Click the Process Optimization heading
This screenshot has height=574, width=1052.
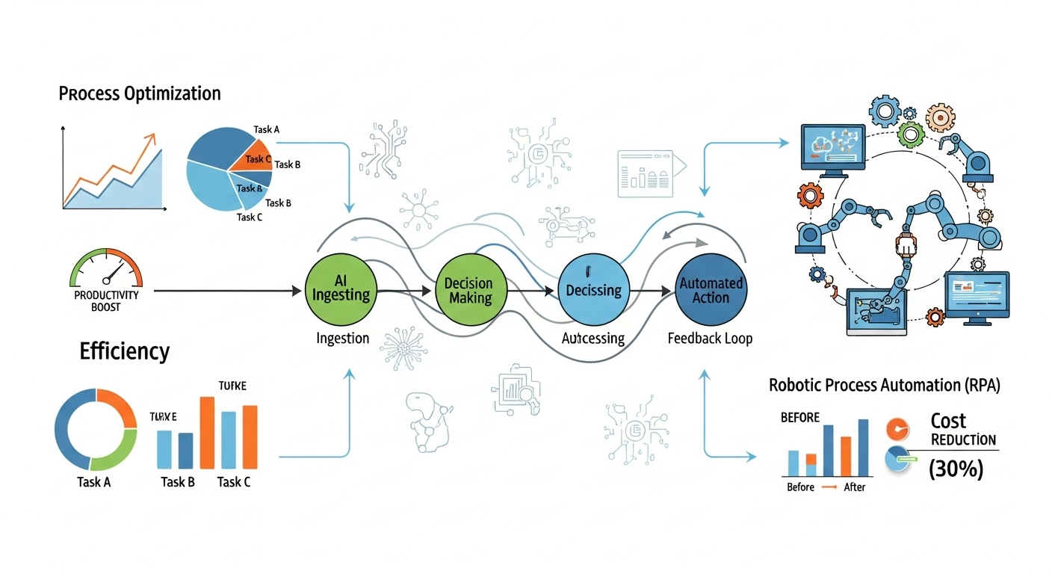pyautogui.click(x=139, y=93)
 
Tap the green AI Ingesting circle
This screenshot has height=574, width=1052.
pyautogui.click(x=341, y=289)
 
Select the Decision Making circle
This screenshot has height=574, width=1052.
pyautogui.click(x=468, y=290)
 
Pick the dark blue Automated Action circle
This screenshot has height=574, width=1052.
pyautogui.click(x=710, y=290)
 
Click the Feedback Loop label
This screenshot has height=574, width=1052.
pyautogui.click(x=709, y=338)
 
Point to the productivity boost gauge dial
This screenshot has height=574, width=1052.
pyautogui.click(x=106, y=269)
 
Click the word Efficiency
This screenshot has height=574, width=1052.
pyautogui.click(x=124, y=351)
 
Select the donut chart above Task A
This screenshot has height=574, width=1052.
pyautogui.click(x=96, y=430)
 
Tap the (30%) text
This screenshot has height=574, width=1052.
pyautogui.click(x=956, y=469)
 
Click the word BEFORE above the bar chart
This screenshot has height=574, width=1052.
pyautogui.click(x=799, y=417)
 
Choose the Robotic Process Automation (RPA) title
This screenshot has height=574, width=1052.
pyautogui.click(x=884, y=386)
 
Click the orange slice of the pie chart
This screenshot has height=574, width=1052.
pyautogui.click(x=250, y=158)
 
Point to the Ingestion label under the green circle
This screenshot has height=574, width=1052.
pyautogui.click(x=341, y=338)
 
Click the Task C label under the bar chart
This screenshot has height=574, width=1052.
pyautogui.click(x=234, y=482)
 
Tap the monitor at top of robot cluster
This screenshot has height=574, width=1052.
pyautogui.click(x=832, y=149)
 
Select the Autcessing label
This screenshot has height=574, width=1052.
pyautogui.click(x=592, y=338)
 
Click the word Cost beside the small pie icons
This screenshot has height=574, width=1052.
pyautogui.click(x=948, y=421)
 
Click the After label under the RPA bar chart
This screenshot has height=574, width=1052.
pyautogui.click(x=854, y=487)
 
